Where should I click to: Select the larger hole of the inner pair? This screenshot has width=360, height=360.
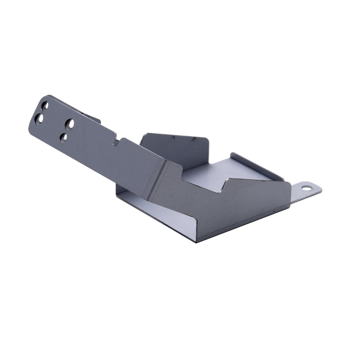click(70, 124)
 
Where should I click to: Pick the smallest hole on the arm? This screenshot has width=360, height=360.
click(63, 138)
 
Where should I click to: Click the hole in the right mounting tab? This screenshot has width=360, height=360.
click(306, 188)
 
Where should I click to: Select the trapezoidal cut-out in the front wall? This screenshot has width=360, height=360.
click(202, 182)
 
